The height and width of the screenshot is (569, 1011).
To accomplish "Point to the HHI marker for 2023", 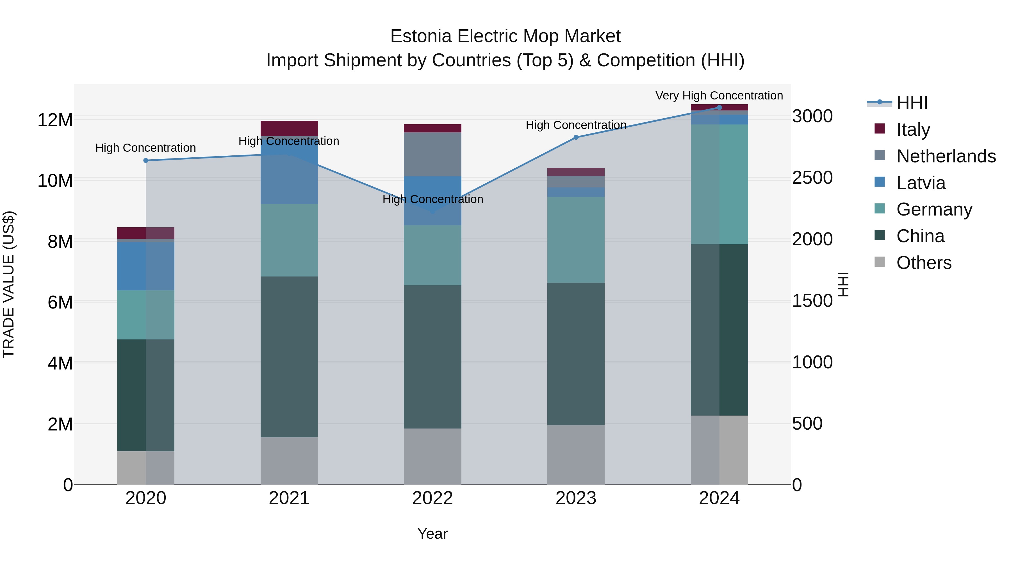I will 576,137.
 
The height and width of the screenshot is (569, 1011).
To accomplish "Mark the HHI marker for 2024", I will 719,108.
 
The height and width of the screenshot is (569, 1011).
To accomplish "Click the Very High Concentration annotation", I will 719,96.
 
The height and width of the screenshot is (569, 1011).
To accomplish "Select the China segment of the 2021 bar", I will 289,357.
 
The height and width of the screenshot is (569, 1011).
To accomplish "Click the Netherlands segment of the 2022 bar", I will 432,154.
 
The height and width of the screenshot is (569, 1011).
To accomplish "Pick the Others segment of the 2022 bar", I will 432,456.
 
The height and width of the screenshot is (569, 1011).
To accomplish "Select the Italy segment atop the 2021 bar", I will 289,128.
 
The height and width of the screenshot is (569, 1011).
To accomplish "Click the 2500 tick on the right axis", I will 812,178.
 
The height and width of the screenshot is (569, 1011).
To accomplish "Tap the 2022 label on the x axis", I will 432,498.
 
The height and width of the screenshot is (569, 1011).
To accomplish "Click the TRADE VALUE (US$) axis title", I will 9,284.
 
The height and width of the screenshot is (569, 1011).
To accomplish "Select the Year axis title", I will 432,534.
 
